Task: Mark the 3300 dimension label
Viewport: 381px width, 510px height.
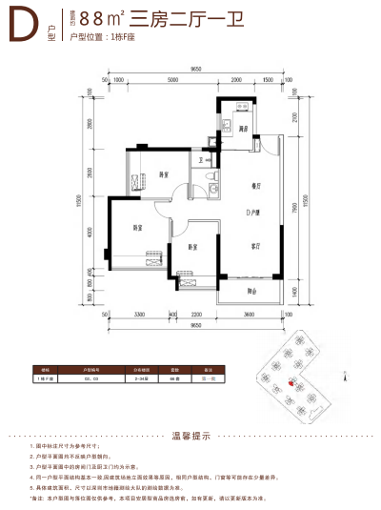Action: click(x=139, y=314)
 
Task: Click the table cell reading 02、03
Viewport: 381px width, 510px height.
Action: click(x=94, y=378)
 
